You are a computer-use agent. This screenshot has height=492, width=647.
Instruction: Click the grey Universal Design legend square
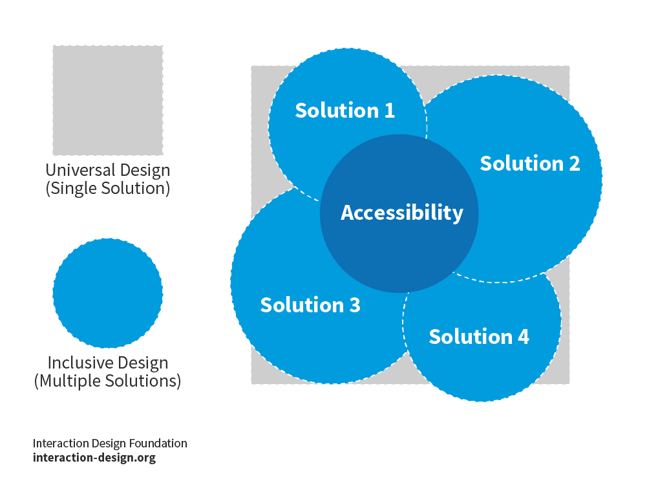108,100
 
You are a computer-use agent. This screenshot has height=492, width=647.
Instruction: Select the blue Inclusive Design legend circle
108,293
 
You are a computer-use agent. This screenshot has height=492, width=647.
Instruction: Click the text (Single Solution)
108,188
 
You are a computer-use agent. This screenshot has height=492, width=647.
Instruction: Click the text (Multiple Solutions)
108,381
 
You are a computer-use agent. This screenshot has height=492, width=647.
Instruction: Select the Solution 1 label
345,110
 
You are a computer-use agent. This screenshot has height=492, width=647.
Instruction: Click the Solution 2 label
530,163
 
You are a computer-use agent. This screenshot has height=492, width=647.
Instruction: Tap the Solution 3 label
310,305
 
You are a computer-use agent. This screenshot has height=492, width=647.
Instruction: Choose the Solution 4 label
479,336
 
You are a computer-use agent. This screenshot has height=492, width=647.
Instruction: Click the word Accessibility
402,213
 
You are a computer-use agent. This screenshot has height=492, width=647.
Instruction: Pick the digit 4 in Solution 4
524,337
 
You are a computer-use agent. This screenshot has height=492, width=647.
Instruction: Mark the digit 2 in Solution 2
575,164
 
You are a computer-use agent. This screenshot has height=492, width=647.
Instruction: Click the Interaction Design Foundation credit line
110,444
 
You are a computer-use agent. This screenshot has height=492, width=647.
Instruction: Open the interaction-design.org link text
94,458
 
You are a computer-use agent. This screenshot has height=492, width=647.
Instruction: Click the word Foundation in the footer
158,444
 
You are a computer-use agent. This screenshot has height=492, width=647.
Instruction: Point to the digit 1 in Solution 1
390,111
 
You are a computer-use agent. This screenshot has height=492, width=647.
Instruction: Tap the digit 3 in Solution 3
355,305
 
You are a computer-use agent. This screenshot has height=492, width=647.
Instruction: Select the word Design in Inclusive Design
136,363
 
